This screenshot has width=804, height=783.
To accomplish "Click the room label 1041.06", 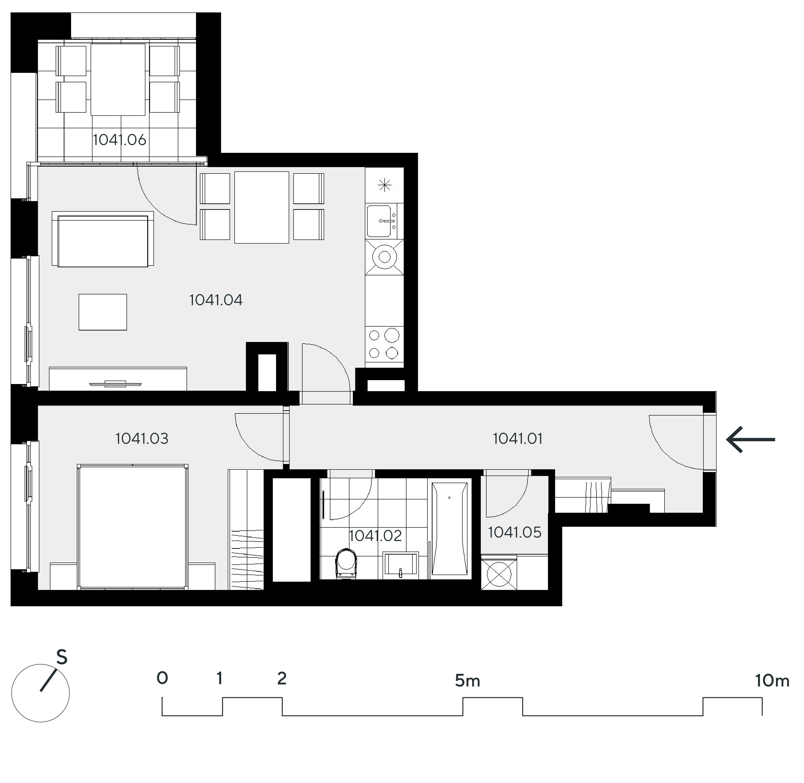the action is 119,140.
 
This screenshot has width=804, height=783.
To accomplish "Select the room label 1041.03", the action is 142,439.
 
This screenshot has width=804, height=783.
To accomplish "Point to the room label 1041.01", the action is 517,439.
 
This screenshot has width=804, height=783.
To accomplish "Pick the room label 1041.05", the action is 515,532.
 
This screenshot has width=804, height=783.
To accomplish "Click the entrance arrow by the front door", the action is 750,440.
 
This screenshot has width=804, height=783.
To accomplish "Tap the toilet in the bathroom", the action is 346,563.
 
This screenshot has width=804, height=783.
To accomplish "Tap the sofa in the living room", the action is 103,239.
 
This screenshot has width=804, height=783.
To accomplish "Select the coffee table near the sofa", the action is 103,312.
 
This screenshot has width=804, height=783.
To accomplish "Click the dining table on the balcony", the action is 118,79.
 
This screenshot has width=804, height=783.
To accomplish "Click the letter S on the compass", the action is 62,658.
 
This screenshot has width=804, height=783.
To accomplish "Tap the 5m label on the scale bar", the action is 467,681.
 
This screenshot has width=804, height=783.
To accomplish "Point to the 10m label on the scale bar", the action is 772,681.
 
